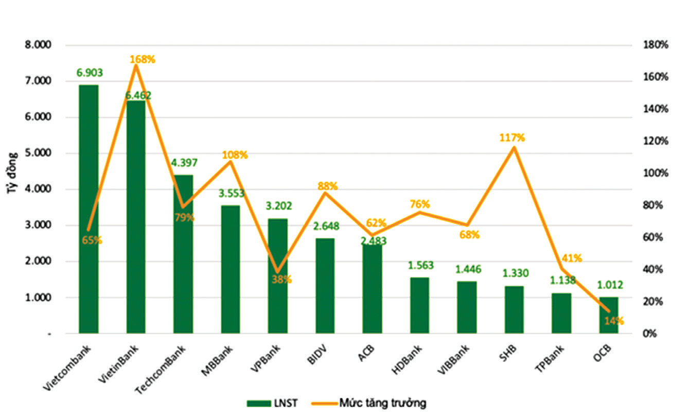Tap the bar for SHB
[x=514, y=309]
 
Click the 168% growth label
[x=142, y=59]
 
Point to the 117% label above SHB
[x=512, y=137]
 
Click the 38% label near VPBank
[x=281, y=280]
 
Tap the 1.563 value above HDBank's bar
[x=420, y=266]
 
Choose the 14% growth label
[x=613, y=321]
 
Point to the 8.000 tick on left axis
[x=38, y=45]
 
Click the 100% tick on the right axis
[x=655, y=173]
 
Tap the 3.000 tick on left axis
[x=38, y=225]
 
